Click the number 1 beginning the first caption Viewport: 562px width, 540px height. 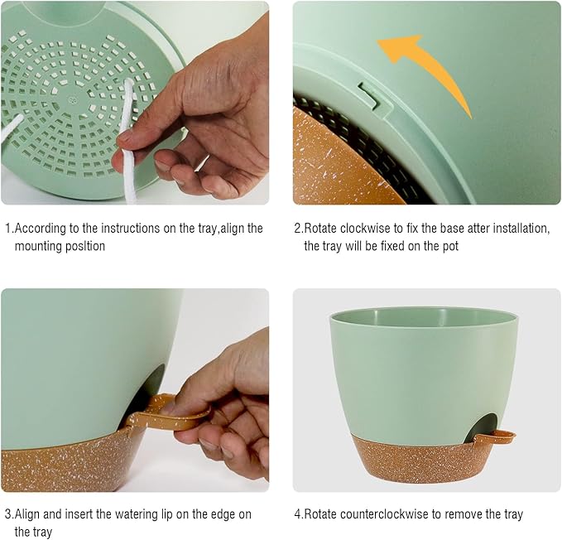tap(8, 229)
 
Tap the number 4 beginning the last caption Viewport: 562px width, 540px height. tap(298, 514)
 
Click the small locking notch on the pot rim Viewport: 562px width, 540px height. tap(369, 94)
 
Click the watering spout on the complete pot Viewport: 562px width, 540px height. tap(495, 437)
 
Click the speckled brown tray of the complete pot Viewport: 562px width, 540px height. tap(424, 460)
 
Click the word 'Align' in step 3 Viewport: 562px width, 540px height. tap(26, 514)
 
